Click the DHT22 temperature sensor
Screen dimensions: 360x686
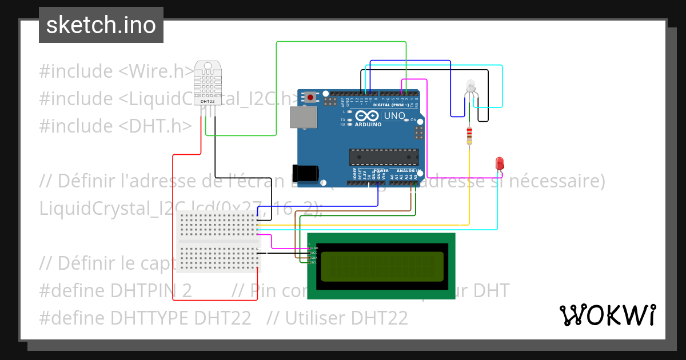[208, 83]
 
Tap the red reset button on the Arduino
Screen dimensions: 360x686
[310, 97]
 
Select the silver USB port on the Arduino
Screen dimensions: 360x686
[302, 118]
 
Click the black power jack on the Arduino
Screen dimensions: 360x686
[303, 173]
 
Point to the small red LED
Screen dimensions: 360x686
[499, 163]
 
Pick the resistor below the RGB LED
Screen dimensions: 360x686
[470, 135]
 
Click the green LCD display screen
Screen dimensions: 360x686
[381, 266]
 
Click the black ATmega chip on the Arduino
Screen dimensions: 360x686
[384, 157]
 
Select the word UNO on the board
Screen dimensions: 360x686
[394, 116]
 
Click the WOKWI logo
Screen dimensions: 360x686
[608, 315]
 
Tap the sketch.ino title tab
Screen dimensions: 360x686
[101, 25]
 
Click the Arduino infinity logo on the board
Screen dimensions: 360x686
[366, 116]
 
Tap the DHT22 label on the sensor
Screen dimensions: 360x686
[208, 102]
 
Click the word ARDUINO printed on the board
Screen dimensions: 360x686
[368, 124]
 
